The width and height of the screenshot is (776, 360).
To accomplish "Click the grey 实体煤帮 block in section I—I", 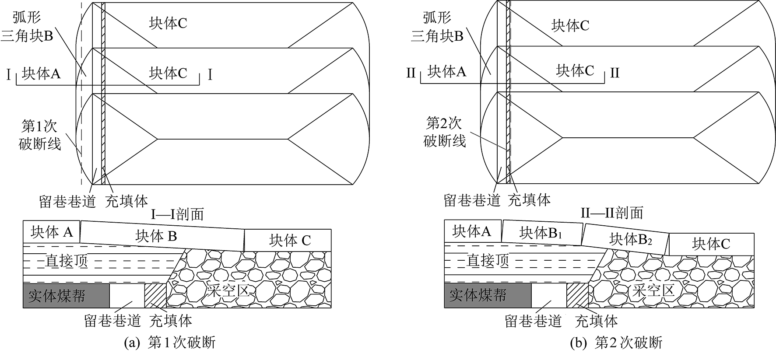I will click(66, 296).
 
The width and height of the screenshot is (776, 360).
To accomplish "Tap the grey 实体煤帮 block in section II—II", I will click(487, 295).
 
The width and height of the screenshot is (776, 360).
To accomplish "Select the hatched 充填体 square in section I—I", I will click(155, 296).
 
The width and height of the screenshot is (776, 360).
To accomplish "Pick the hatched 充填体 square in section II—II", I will click(577, 295).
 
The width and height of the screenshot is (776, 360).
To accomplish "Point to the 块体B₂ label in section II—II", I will click(631, 239).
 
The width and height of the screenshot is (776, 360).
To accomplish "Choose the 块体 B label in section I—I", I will click(156, 236).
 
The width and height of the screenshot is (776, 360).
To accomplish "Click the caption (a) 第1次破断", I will click(170, 343).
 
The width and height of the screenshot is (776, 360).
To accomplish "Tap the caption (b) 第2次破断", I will click(616, 343).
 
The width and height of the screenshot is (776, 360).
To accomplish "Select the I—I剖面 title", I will click(177, 214).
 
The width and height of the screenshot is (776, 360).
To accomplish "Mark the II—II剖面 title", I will click(611, 213).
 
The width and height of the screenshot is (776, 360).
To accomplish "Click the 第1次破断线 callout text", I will click(40, 135).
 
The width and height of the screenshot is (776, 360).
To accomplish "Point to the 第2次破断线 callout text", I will click(444, 132).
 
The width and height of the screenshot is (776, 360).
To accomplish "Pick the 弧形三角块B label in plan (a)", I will click(28, 27).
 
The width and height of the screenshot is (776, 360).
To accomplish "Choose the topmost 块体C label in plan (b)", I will click(570, 26).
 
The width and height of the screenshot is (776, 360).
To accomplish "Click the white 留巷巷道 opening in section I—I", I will click(126, 296).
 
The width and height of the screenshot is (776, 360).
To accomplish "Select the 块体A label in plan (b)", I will click(447, 71).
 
